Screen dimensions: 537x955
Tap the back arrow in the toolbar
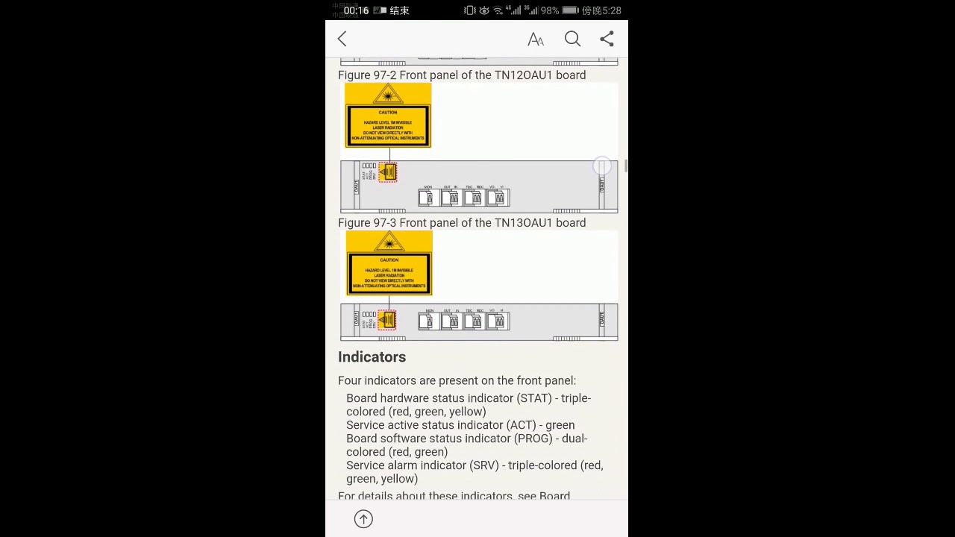[342, 39]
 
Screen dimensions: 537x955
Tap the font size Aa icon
[536, 40]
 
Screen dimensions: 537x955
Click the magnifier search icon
[572, 39]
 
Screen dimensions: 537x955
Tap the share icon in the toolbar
[607, 39]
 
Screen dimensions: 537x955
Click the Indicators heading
[372, 357]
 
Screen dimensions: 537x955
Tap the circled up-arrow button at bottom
[363, 519]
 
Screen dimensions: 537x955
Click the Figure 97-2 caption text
[462, 75]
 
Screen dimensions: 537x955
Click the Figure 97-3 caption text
[462, 222]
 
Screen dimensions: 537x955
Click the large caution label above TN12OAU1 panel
[388, 116]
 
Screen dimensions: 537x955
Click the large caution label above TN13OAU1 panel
[389, 263]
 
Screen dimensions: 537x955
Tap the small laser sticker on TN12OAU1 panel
[387, 172]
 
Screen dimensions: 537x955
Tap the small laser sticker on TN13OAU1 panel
[386, 320]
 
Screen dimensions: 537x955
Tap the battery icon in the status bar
[570, 10]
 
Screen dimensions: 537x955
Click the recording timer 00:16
[356, 10]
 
